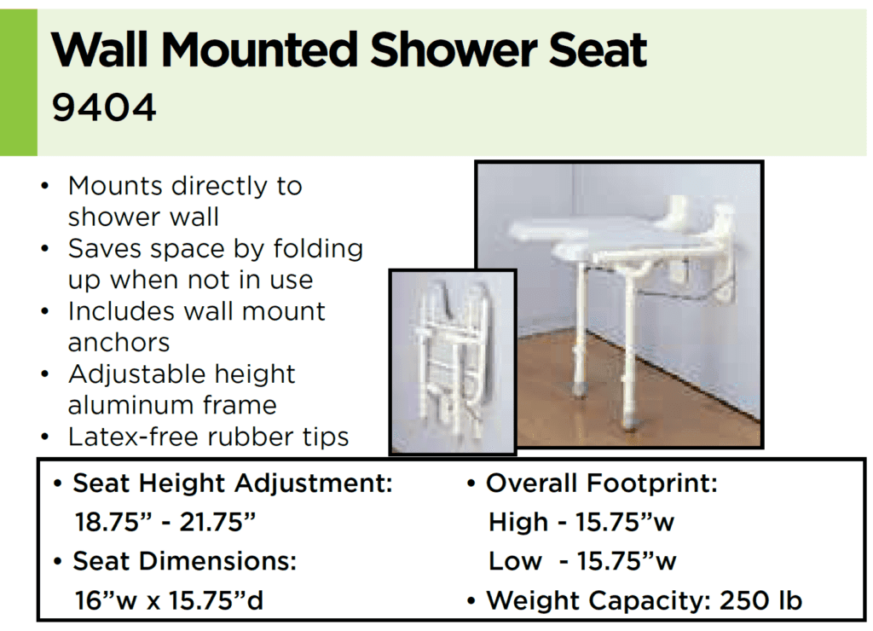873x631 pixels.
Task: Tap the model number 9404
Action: coord(104,108)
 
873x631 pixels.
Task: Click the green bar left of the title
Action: coord(18,82)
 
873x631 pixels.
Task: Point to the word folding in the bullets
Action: coord(317,249)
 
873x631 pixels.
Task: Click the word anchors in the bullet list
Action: coord(119,343)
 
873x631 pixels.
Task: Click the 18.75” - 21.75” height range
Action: coord(165,523)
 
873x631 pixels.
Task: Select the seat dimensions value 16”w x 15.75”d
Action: coord(170,600)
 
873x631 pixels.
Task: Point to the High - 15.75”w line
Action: coord(581,523)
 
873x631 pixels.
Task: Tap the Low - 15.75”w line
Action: coord(581,562)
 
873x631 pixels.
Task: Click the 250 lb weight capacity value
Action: coord(760,600)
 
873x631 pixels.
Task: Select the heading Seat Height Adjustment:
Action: coord(233,484)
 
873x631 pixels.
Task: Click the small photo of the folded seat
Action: coord(453,362)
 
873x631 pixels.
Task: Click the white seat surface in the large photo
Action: coord(588,234)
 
